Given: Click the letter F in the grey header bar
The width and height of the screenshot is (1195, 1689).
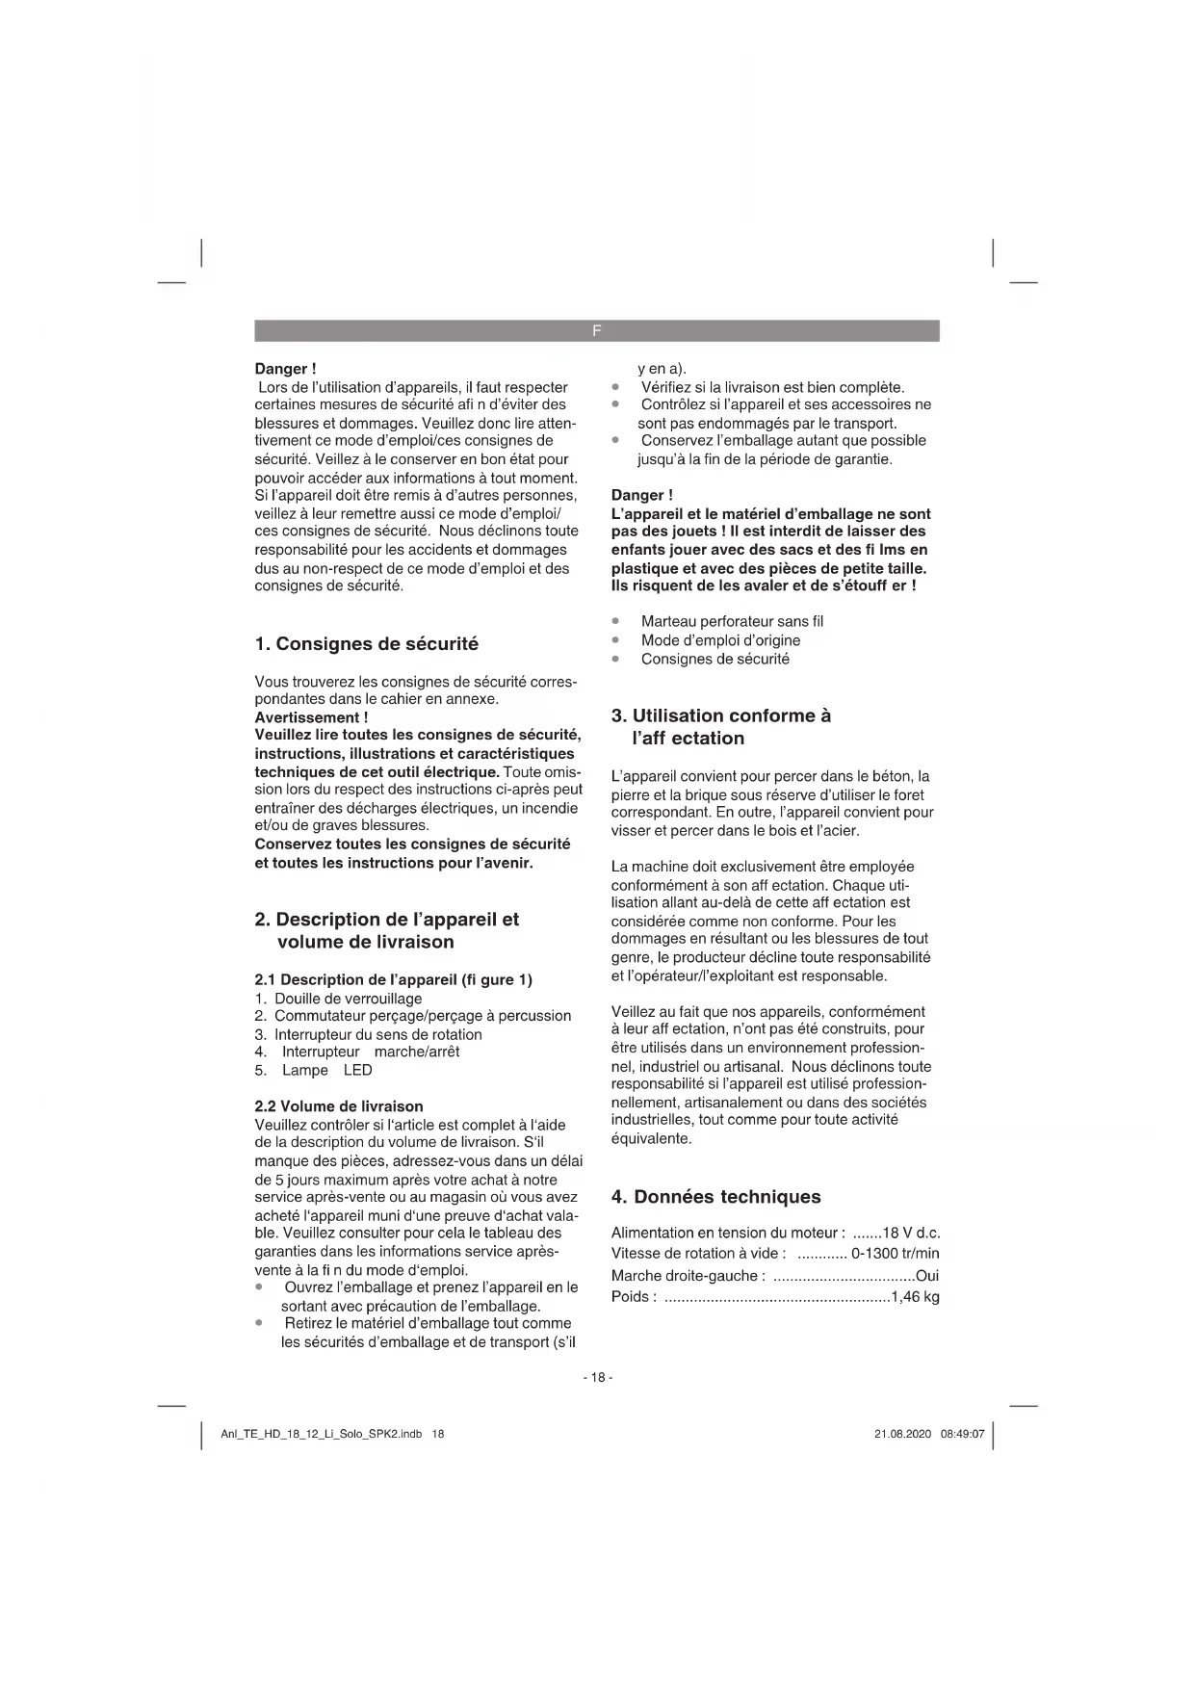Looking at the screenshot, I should tap(597, 331).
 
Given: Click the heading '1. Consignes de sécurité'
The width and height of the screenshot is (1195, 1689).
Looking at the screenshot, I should tap(366, 644).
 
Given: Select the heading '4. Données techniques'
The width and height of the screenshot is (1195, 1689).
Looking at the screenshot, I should tap(715, 1197).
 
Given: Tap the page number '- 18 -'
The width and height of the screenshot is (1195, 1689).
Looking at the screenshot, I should tap(597, 1377).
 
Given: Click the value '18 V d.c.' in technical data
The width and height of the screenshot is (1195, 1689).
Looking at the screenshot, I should tap(911, 1234).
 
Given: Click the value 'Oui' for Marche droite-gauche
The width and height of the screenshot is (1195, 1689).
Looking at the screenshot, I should tap(927, 1276).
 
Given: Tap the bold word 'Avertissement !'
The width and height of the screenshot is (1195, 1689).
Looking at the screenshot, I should tap(311, 717).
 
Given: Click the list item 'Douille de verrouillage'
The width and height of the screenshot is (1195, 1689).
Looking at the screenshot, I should tap(348, 999).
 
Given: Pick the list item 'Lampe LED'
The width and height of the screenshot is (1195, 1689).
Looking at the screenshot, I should tap(326, 1071).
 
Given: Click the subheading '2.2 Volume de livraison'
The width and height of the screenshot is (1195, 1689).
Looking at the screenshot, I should tap(338, 1106).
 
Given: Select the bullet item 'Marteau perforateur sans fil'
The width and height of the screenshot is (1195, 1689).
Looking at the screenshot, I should tap(732, 622).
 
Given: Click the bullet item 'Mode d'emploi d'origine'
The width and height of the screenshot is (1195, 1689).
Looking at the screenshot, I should tap(720, 640).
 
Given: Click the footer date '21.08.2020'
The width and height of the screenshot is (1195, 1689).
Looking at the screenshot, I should tap(902, 1434).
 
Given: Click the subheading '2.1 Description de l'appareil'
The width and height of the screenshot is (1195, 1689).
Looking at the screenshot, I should tap(393, 980).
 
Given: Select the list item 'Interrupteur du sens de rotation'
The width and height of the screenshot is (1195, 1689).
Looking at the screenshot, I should tap(377, 1035).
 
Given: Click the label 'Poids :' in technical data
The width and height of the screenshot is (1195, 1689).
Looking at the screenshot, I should tap(634, 1297).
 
